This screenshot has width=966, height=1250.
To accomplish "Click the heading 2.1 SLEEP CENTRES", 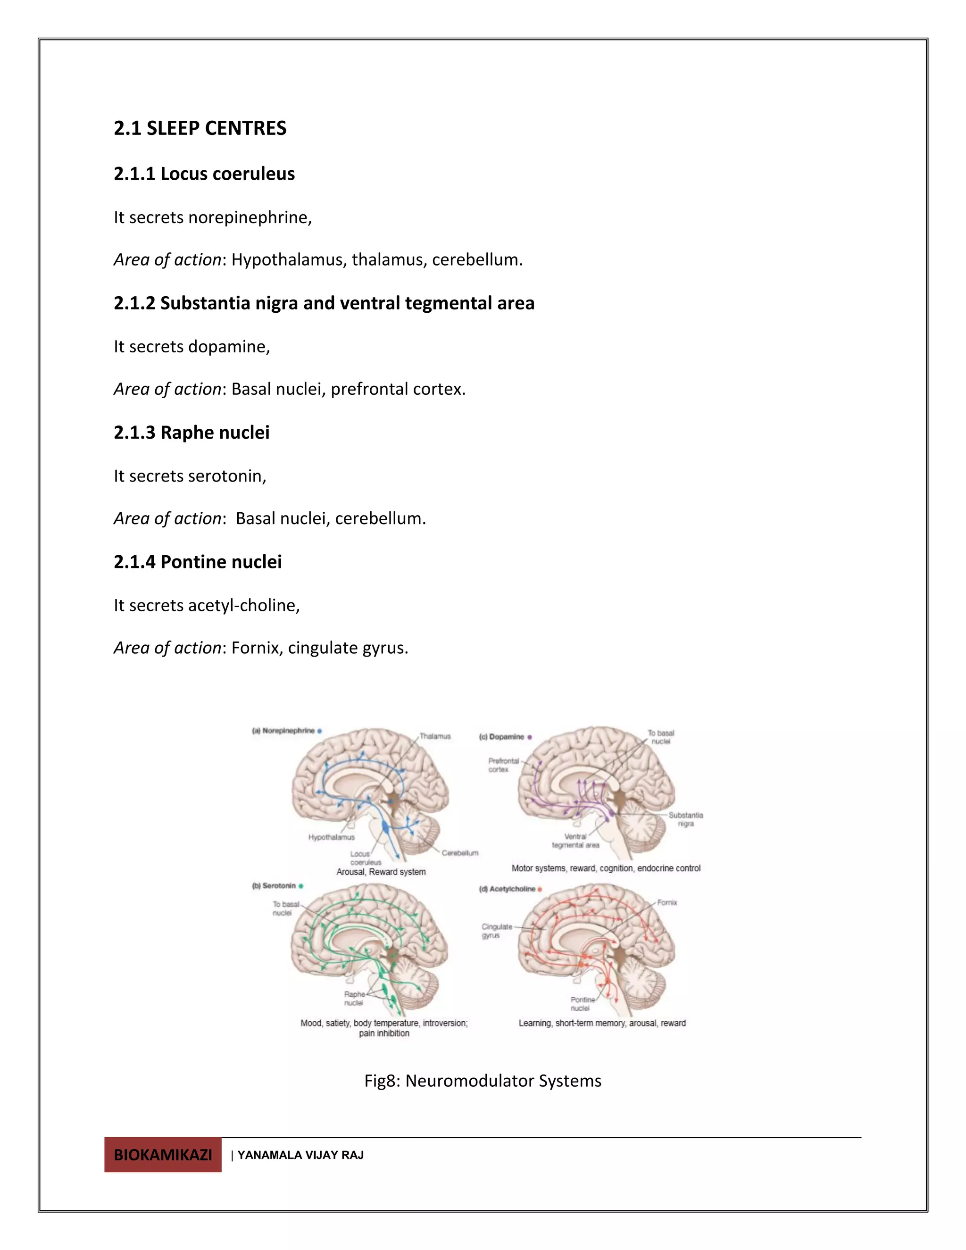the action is (x=200, y=128).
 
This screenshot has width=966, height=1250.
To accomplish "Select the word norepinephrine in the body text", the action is (x=249, y=218).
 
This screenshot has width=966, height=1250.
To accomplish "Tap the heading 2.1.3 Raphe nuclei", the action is (x=191, y=433).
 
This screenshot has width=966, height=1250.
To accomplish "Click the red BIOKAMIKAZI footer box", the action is (x=163, y=1154).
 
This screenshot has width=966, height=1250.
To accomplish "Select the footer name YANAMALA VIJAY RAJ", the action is (x=300, y=1155).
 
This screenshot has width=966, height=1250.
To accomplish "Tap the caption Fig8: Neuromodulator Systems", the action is (x=483, y=1081).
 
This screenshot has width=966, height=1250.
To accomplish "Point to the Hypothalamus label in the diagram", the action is (x=331, y=837).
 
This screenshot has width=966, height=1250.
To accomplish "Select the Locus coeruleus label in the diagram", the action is (x=365, y=858).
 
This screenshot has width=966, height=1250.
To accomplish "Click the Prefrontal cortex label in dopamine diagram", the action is (x=502, y=765).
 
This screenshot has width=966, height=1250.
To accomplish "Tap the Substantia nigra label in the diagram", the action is (x=685, y=819).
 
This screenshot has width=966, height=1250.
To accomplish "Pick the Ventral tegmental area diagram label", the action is (x=575, y=841).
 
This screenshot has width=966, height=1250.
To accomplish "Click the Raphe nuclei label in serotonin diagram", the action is (x=354, y=998).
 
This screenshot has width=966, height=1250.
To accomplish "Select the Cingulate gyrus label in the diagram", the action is (x=496, y=931).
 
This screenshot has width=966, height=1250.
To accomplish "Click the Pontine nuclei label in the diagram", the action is (x=582, y=1004).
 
